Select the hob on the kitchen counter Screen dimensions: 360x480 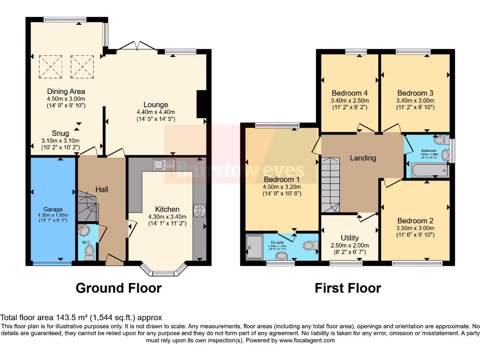coord(199,210)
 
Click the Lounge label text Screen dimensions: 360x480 coord(155,105)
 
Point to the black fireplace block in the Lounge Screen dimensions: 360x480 coord(202,104)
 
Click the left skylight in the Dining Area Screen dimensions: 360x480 coord(51,66)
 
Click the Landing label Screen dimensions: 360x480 coord(363,158)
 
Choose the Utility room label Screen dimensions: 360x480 coord(350,238)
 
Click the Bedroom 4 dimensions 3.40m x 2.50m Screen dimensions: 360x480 coord(350,100)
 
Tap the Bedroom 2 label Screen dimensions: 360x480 coord(415,221)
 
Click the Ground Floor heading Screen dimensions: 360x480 coord(119,288)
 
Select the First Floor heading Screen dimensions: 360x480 coord(347,288)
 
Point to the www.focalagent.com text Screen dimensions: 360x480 coord(307,340)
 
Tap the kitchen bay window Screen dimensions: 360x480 coord(164,271)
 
